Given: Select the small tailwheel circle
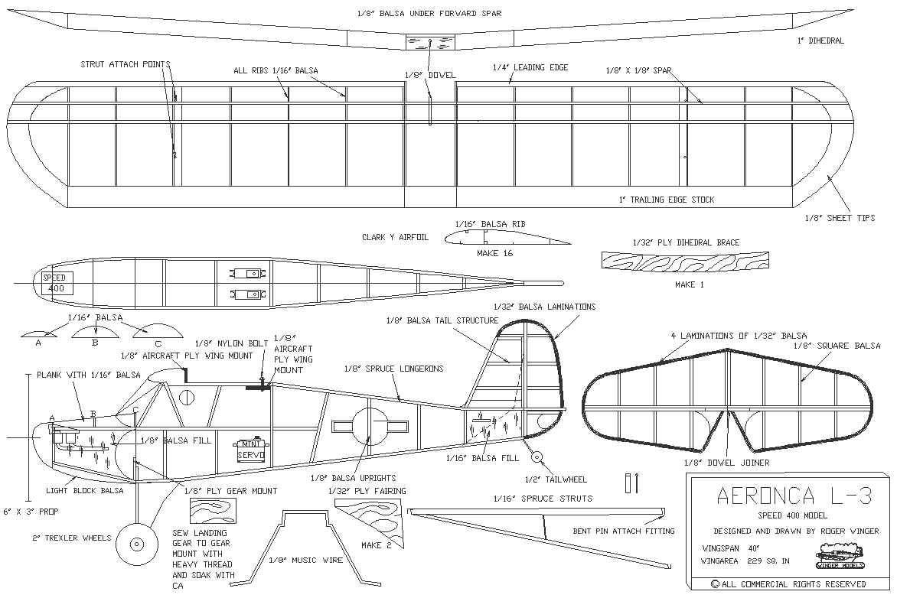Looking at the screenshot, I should [537, 457].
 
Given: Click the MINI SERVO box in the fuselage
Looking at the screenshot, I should [250, 449].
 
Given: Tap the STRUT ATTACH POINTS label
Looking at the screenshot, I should [126, 64].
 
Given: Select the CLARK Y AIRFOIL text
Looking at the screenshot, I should [395, 238].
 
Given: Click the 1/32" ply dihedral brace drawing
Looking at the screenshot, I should [686, 261].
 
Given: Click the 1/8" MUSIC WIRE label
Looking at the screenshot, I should [302, 560].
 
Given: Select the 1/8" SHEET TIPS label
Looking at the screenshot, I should [840, 218].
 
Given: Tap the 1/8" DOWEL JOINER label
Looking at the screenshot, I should [726, 462].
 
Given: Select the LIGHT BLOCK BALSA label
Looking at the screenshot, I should [85, 490].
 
